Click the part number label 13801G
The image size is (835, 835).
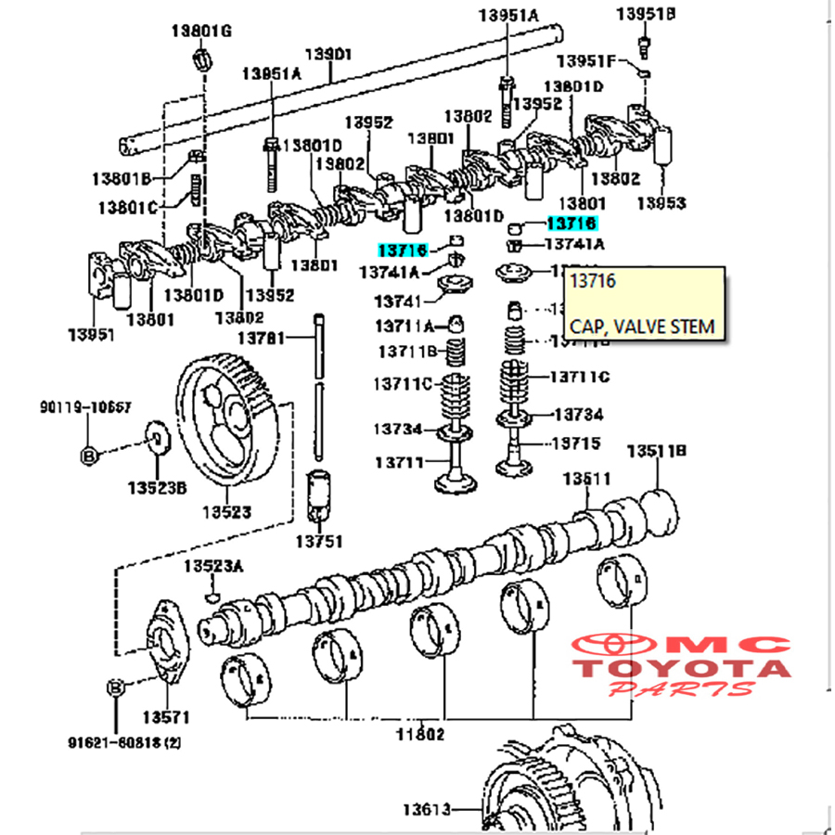coord(200,32)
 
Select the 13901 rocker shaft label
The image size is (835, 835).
coord(329,55)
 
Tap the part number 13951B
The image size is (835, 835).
coord(646,14)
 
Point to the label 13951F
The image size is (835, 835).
coord(585,61)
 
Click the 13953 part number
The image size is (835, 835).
coord(662,203)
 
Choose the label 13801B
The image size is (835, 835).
coord(121,177)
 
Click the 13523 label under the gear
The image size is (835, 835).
coord(227,511)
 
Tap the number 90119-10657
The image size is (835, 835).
coord(85,406)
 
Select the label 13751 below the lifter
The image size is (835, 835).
coord(319,540)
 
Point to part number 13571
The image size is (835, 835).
coord(166,716)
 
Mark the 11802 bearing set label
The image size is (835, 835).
coord(420,733)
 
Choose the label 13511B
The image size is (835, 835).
coord(656,452)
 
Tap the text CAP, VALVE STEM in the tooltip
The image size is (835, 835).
coord(642,326)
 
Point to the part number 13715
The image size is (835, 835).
coord(578,443)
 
